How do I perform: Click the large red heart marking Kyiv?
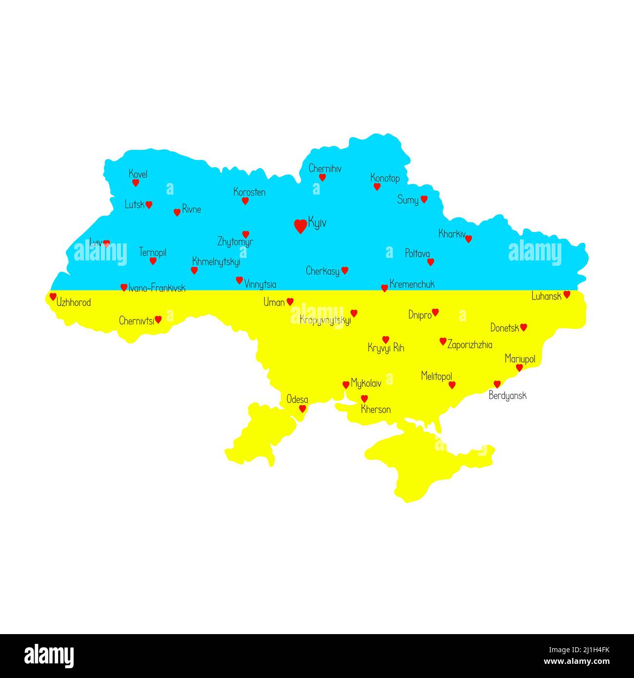coord(300,226)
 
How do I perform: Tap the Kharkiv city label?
coord(452,234)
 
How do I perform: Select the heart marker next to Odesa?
coord(302,409)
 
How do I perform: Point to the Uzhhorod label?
coord(74,302)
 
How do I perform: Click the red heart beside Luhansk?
coord(567,294)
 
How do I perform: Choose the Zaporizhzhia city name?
coord(470,345)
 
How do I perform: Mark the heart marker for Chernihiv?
coord(322,178)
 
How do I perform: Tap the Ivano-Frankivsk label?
coord(157,288)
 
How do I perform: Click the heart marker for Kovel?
coord(136,183)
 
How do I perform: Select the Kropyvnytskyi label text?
coord(325,320)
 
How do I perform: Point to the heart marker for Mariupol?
coord(519,367)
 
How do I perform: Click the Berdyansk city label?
coord(507,396)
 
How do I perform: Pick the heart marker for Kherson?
coord(364,399)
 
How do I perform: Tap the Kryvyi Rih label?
coord(386,348)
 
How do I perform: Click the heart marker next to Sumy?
coord(424,199)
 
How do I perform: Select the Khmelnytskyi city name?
coord(216,261)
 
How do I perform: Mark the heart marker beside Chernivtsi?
coord(158,319)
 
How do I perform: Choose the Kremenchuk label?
coord(412,284)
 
